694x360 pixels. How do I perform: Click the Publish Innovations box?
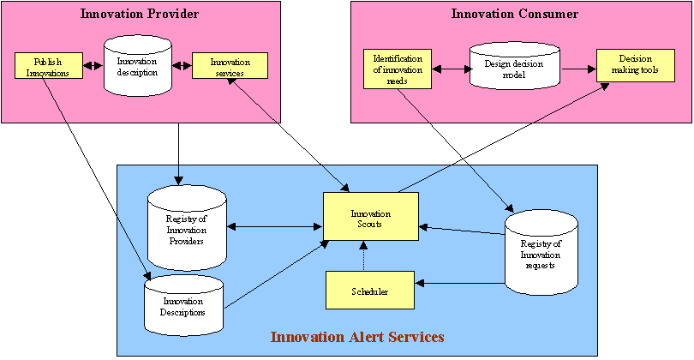[48, 66]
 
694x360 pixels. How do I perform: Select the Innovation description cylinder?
[137, 67]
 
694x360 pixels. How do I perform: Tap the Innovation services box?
[230, 66]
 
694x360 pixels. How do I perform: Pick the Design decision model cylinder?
[513, 69]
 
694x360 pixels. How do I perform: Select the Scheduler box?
[369, 291]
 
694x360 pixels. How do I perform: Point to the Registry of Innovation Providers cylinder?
[185, 229]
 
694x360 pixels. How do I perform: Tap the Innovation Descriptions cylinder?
[183, 306]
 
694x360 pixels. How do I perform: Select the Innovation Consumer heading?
[514, 14]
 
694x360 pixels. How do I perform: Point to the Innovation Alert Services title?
[357, 337]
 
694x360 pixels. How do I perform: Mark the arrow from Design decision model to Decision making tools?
[578, 68]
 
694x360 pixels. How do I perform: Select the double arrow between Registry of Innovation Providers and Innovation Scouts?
[274, 227]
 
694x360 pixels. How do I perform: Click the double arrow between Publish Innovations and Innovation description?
[93, 66]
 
